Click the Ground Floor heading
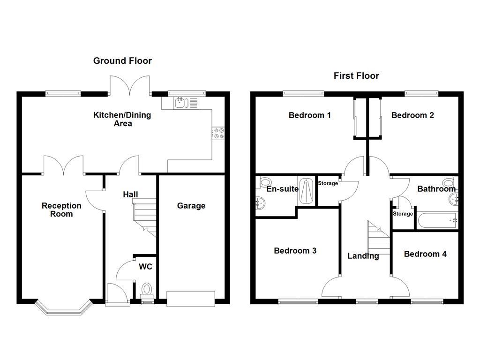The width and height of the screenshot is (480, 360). click(122, 60)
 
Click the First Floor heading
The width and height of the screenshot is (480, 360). click(356, 75)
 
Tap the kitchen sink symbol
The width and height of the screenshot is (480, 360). click(180, 103)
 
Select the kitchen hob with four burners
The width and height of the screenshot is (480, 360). click(218, 133)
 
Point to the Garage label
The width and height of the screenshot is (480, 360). click(191, 206)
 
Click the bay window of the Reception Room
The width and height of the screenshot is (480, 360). click(63, 308)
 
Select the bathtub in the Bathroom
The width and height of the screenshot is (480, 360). click(436, 220)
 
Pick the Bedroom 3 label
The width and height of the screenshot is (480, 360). click(295, 251)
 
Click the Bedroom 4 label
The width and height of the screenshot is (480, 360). click(425, 254)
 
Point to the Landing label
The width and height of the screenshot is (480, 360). click(363, 256)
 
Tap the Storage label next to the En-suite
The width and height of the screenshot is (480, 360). click(328, 183)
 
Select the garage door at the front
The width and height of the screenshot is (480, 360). click(191, 299)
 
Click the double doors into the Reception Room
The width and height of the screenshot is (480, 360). click(64, 165)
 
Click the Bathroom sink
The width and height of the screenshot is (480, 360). click(453, 198)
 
